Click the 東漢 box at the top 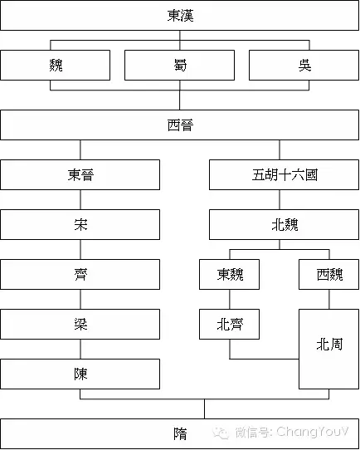click(x=179, y=15)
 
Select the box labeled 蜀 click(x=179, y=65)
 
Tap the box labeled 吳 click(x=304, y=65)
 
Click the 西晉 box click(x=179, y=125)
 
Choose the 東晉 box click(x=80, y=174)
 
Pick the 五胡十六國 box click(x=284, y=174)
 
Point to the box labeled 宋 click(x=80, y=224)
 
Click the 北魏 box click(x=284, y=224)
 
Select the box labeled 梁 click(x=80, y=324)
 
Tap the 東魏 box click(x=229, y=274)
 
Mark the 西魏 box click(x=328, y=274)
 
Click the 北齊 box click(x=229, y=324)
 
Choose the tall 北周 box click(x=328, y=349)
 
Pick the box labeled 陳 click(x=80, y=374)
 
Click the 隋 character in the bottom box click(x=180, y=433)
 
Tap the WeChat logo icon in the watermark click(x=220, y=433)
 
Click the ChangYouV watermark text click(x=313, y=432)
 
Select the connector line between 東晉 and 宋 click(x=80, y=200)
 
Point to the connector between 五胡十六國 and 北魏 click(x=280, y=200)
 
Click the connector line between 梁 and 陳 click(x=80, y=349)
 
